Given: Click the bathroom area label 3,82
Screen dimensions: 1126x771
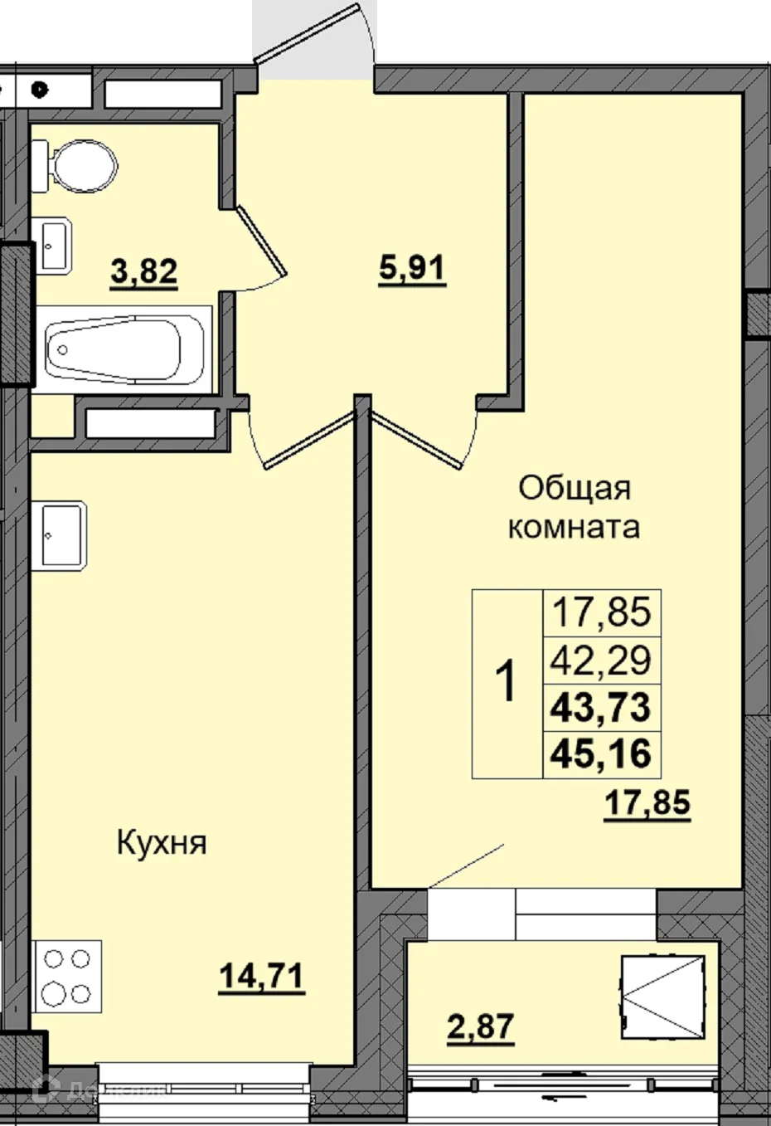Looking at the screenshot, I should pos(144,271).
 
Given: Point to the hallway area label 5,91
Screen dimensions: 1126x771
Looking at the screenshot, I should pos(412,270).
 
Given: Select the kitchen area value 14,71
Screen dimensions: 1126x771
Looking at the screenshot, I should pos(261,976).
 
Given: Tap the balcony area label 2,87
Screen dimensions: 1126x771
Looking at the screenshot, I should pos(480,1026).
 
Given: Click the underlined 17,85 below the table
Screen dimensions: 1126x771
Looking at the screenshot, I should pos(647,802).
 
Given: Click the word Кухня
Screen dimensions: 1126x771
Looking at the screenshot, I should pos(161,844).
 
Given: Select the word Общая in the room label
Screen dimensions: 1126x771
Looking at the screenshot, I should pos(575,488).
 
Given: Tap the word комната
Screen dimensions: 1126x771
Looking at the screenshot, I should pos(574,527).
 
